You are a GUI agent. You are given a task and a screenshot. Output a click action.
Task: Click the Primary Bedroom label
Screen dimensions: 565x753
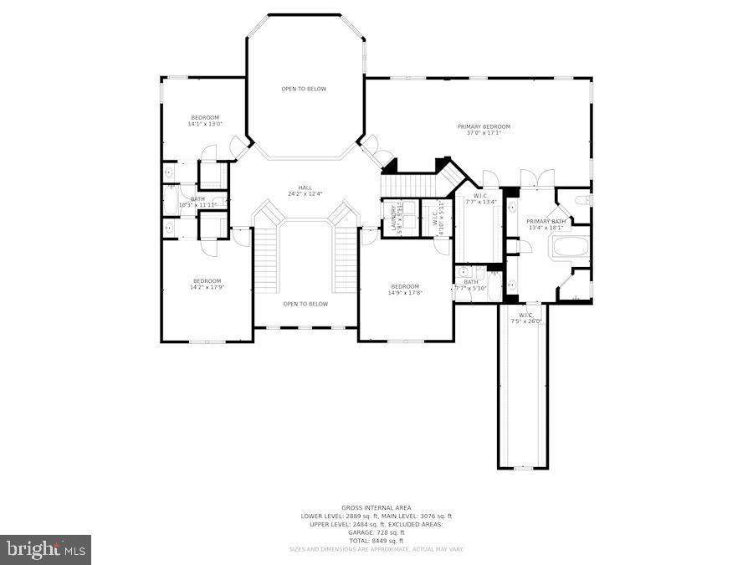(484, 126)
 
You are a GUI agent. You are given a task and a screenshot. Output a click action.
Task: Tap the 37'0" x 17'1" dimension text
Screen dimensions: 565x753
(484, 132)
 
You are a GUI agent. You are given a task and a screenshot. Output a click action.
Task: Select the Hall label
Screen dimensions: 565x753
(305, 187)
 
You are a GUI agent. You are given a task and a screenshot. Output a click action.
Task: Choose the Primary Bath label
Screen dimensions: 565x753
(546, 221)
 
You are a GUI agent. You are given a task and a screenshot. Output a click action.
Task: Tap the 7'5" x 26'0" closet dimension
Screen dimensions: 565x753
(526, 321)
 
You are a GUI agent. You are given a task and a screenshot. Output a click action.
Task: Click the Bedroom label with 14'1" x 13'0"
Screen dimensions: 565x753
(205, 117)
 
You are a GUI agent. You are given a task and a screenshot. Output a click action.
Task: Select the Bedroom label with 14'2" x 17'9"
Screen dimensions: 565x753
(207, 280)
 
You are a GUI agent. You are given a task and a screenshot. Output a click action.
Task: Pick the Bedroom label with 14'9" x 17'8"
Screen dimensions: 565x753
(404, 287)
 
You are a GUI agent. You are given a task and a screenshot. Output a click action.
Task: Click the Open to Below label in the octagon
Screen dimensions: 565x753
(304, 89)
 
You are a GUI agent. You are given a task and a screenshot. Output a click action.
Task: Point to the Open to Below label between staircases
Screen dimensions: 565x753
(305, 304)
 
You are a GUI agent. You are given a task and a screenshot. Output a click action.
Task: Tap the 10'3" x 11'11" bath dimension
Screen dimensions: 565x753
(197, 205)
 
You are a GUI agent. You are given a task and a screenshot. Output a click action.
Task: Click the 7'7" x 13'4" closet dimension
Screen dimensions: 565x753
(481, 202)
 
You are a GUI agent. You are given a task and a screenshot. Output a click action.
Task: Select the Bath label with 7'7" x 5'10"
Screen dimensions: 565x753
(470, 282)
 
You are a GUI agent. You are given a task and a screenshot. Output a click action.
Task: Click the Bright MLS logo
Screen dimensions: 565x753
(46, 549)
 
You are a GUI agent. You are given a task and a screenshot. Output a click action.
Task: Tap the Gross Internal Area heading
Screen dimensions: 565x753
(376, 508)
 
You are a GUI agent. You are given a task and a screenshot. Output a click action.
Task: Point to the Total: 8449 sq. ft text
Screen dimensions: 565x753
(376, 540)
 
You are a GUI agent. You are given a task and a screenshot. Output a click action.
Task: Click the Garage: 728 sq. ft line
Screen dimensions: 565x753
(376, 532)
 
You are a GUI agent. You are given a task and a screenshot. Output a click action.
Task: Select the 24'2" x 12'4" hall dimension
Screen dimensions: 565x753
(305, 193)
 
